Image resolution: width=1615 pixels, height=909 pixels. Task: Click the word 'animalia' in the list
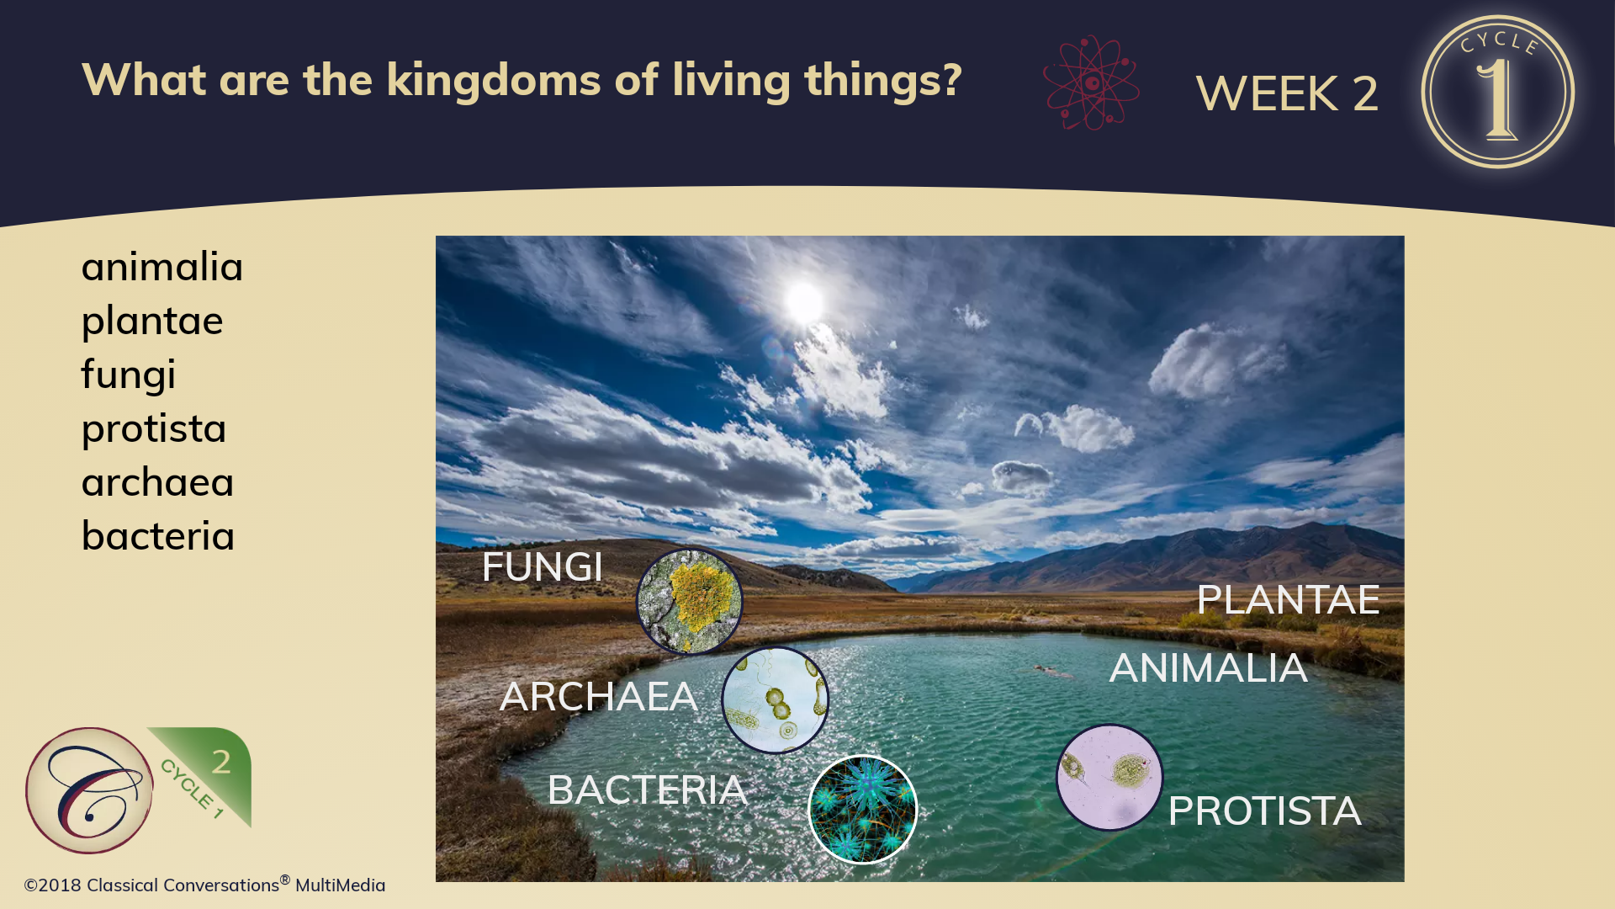click(162, 267)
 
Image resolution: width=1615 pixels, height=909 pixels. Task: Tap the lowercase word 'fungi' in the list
click(129, 375)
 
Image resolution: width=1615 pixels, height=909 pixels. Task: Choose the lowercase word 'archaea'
click(157, 483)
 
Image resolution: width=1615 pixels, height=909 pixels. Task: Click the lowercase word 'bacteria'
click(158, 536)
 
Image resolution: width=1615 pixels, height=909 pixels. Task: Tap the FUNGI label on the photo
click(543, 566)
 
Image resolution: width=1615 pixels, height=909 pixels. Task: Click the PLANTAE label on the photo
click(1288, 599)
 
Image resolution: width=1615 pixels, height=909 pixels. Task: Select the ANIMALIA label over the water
click(1208, 668)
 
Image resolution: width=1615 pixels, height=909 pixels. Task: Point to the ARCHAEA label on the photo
click(598, 697)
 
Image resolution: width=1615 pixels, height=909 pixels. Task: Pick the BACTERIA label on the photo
click(647, 790)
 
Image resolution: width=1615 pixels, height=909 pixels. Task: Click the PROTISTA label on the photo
click(1264, 811)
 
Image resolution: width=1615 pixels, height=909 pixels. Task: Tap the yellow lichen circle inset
click(689, 601)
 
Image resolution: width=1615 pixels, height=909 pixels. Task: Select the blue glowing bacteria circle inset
click(862, 810)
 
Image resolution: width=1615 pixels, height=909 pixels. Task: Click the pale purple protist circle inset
click(1109, 778)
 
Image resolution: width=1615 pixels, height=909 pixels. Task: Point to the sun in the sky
click(803, 302)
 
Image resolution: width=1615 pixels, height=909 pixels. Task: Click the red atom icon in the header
click(1091, 82)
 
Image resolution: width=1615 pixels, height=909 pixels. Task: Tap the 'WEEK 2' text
click(1287, 93)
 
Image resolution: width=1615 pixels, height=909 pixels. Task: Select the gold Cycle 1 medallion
click(1498, 92)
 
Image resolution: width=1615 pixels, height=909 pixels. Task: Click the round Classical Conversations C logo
click(89, 791)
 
